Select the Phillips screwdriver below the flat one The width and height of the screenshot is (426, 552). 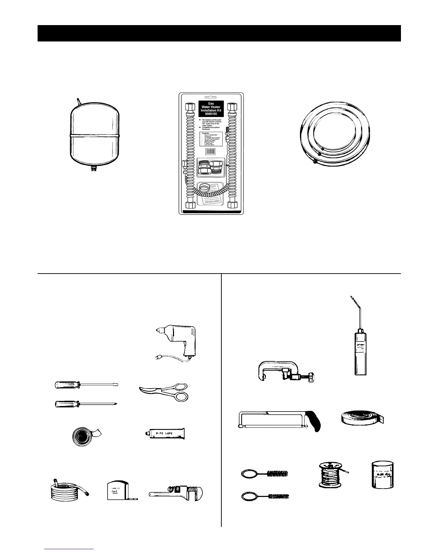[x=86, y=404]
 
